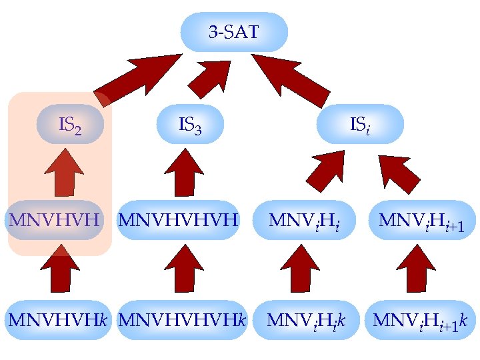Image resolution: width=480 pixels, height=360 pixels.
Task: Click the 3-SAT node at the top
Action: pos(234,32)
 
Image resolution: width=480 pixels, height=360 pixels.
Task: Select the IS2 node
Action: pos(70,124)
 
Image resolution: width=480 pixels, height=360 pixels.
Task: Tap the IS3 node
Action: pos(190,124)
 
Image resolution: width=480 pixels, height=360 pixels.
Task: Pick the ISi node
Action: pos(360,124)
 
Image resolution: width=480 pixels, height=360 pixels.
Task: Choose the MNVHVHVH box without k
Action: pos(178,219)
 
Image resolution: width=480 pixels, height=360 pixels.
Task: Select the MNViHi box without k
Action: pos(303,219)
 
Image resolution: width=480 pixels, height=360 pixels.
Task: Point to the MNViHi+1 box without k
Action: pos(421,219)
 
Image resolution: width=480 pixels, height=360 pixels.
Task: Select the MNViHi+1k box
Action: pos(421,319)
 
